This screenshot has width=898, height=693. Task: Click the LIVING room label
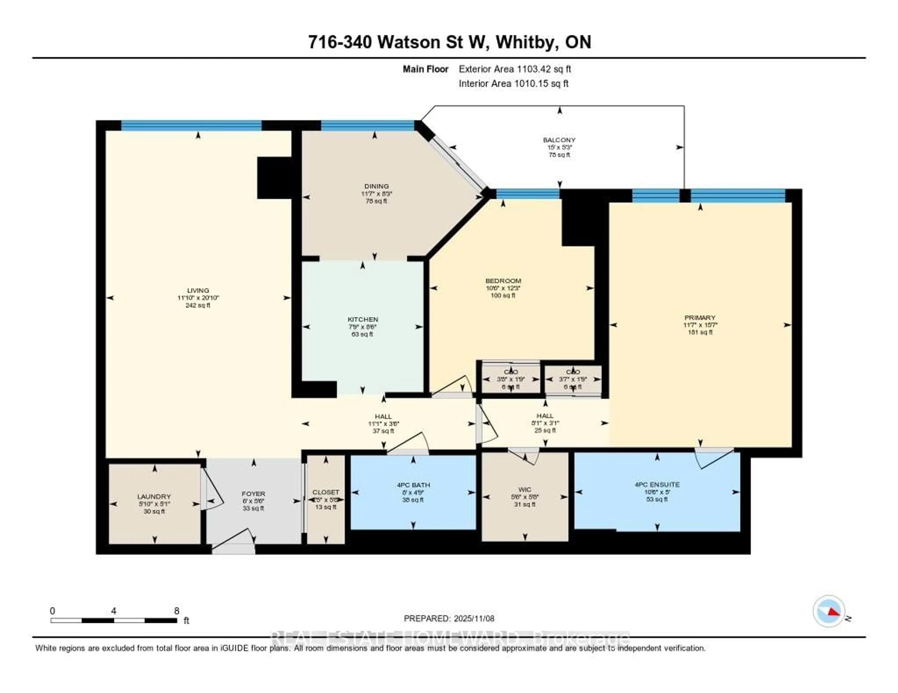coord(198,290)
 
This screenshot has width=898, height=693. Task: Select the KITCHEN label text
coord(363,319)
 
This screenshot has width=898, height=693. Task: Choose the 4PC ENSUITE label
coord(657,484)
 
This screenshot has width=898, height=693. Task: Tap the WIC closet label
coord(525,489)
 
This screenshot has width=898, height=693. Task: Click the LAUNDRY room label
coord(154,496)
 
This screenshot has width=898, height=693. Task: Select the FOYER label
coord(253,493)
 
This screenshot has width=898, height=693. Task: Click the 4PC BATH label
coord(413,485)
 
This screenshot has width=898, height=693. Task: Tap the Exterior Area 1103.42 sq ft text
coord(515,69)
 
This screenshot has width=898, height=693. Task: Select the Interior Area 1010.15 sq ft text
coord(514,83)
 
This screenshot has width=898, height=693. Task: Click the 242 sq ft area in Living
coord(198,305)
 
